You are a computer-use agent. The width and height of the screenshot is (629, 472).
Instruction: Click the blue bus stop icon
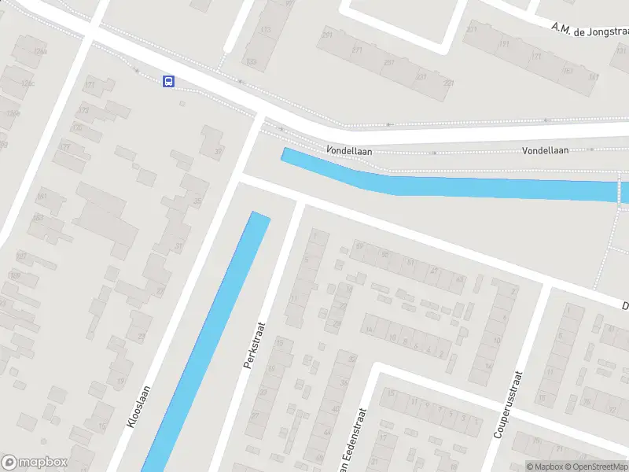[168, 81]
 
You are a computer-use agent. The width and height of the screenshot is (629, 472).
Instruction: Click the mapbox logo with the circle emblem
[35, 463]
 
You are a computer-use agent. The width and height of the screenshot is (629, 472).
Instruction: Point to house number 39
[218, 152]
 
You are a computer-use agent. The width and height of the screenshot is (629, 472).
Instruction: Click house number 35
[197, 201]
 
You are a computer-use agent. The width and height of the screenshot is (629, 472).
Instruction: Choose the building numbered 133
[251, 61]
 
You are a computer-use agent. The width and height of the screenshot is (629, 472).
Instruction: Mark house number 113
[266, 30]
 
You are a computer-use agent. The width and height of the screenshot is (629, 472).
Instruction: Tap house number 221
[421, 76]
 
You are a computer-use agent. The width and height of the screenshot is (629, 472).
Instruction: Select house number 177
[64, 147]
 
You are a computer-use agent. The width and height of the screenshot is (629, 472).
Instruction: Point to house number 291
[326, 34]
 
